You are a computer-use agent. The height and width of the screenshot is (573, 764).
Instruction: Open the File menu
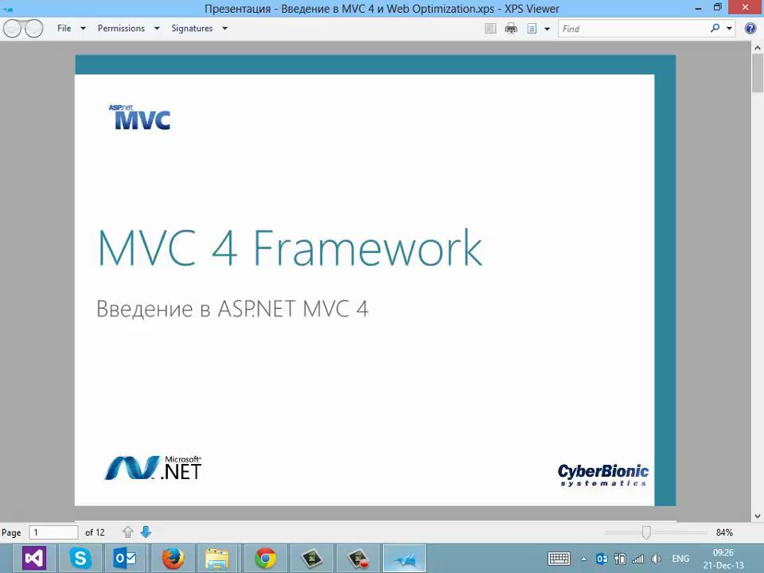[64, 29]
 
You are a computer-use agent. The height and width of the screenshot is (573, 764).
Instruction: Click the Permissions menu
[121, 29]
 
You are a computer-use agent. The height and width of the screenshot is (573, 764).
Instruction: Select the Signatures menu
[192, 29]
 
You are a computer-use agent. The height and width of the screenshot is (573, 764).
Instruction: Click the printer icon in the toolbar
[511, 29]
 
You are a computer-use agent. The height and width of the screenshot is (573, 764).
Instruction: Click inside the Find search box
[633, 29]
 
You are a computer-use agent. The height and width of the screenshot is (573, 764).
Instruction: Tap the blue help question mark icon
[750, 29]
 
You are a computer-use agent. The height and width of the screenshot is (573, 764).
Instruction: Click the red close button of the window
[746, 7]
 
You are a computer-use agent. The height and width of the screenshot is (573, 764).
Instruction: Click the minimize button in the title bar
[699, 8]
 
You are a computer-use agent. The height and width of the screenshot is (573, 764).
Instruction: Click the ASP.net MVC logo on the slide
[139, 118]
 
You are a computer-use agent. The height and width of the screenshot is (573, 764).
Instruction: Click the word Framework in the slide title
[368, 248]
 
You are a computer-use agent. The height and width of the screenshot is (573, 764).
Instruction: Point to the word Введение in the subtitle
[145, 309]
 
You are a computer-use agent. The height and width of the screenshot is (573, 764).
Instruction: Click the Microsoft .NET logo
[153, 468]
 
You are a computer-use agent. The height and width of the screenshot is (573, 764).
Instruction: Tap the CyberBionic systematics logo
[602, 475]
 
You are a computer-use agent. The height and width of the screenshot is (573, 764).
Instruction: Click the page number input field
[53, 532]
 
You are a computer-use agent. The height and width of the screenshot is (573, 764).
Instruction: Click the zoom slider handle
[646, 532]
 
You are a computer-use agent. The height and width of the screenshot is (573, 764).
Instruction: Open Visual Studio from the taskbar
[34, 559]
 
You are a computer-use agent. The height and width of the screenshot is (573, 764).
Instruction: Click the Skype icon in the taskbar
[80, 559]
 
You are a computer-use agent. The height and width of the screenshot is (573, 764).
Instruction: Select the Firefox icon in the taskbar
[173, 559]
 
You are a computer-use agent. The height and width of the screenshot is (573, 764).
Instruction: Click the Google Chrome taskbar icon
[266, 559]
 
